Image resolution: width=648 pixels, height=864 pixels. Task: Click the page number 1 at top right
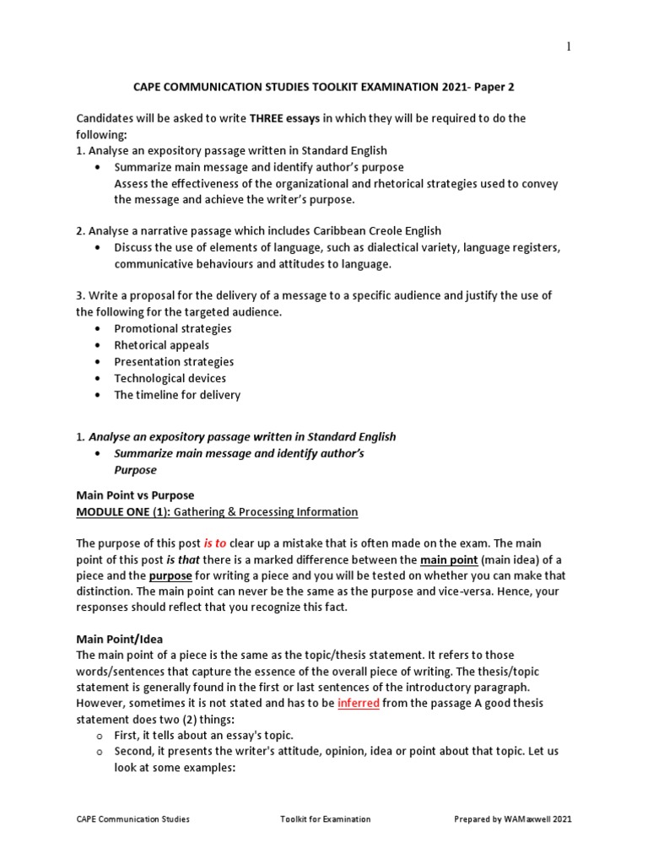[x=569, y=46]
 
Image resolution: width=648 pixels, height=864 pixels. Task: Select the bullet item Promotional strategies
[x=173, y=328]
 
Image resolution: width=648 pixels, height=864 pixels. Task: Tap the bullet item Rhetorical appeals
[x=162, y=345]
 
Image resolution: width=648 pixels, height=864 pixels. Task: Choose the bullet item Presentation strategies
[x=175, y=362]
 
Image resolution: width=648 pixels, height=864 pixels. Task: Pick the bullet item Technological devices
[x=170, y=378]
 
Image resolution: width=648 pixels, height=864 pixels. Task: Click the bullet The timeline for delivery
[x=177, y=395]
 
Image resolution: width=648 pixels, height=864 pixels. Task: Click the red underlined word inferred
[x=358, y=703]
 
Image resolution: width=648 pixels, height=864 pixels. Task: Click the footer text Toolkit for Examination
[x=325, y=819]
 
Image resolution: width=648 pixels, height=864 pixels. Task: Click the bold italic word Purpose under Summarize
[x=136, y=470]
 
